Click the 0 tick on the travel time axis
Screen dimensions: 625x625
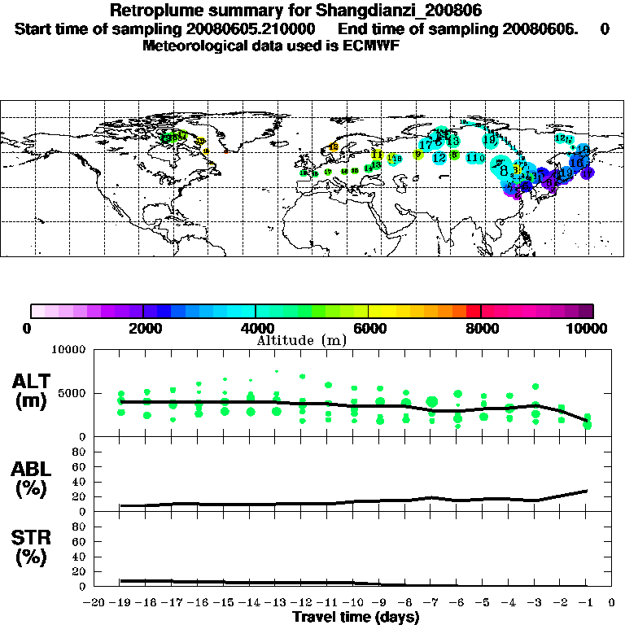pyautogui.click(x=612, y=603)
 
